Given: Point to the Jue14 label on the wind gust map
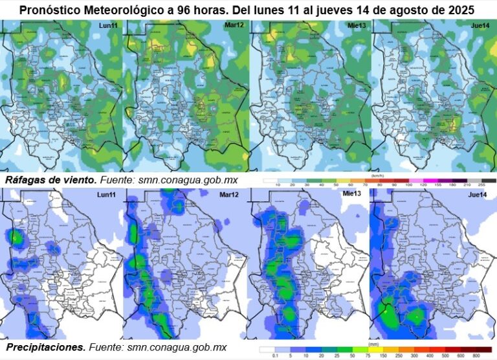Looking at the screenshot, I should (x=480, y=26).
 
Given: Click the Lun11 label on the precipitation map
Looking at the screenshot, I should (x=107, y=195).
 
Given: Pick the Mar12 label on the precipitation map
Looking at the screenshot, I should (x=230, y=195).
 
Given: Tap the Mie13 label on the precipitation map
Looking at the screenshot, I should (x=352, y=194).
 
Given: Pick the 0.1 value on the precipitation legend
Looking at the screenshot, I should (x=276, y=355).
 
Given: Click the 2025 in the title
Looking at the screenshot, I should (x=461, y=11).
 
